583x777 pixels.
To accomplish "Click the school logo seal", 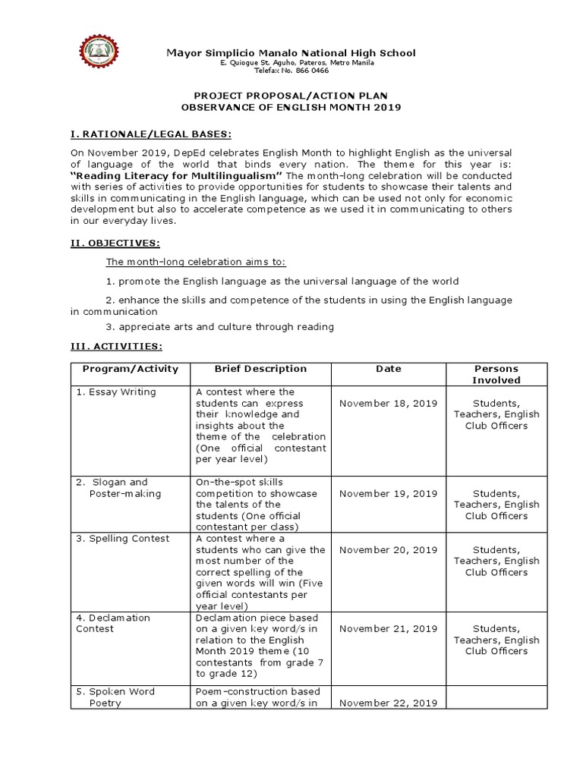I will click(x=102, y=60).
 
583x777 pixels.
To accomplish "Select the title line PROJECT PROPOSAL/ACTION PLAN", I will click(x=291, y=96).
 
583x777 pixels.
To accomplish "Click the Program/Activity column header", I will click(x=130, y=369).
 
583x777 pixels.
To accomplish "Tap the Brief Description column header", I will click(x=260, y=369).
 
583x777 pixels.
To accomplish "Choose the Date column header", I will click(x=388, y=369).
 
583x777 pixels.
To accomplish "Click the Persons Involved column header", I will click(x=496, y=374).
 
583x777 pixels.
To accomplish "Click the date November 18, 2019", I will click(x=388, y=403).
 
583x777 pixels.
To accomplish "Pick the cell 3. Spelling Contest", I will click(x=122, y=538).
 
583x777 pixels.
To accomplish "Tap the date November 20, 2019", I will click(x=388, y=549).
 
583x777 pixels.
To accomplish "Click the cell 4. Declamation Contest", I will click(x=113, y=622).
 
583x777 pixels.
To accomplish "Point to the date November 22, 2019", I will click(x=388, y=703).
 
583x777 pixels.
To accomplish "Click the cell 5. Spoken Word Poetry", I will click(x=115, y=697).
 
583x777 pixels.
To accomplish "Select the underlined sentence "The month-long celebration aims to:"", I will click(x=195, y=262).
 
